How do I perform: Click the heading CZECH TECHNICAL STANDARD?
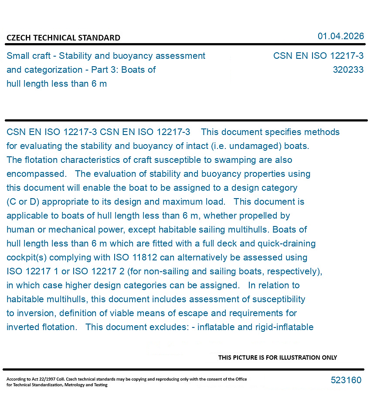(63, 38)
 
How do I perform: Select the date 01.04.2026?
(341, 36)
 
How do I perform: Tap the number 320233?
(348, 70)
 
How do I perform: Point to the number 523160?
(346, 380)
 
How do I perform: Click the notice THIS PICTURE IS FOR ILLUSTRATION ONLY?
(278, 358)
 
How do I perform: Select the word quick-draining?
(284, 243)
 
